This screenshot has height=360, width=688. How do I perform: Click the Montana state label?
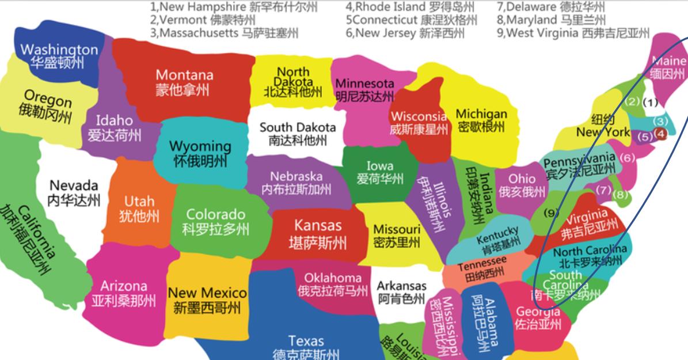click(184, 82)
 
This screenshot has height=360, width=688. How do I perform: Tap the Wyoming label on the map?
click(200, 153)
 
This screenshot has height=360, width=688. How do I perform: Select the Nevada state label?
click(74, 192)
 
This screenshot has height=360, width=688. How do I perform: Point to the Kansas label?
click(318, 234)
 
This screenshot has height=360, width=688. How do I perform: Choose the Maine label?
click(668, 67)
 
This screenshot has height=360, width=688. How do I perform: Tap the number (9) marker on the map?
click(552, 213)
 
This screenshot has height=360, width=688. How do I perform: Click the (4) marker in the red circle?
click(661, 134)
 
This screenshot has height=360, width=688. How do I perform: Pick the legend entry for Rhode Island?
click(410, 7)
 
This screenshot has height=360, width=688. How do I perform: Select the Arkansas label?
click(401, 292)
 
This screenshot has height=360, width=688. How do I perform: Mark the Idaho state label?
click(114, 127)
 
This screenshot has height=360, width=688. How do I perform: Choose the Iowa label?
click(379, 173)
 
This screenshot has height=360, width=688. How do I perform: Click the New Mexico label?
click(207, 300)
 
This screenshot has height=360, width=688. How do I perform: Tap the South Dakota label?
click(297, 133)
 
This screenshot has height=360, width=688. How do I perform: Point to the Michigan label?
click(481, 120)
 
